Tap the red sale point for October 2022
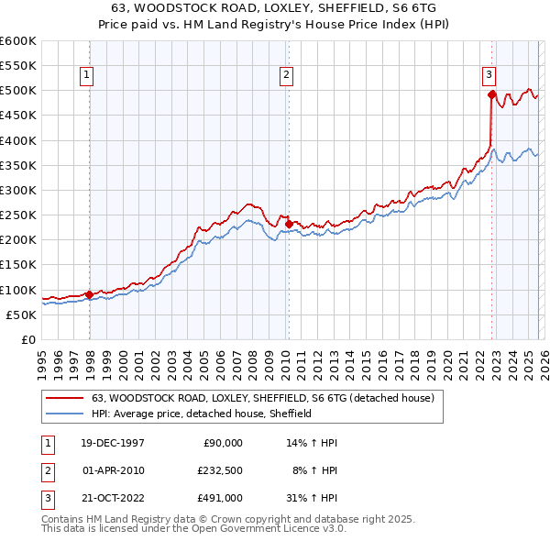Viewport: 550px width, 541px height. tap(492, 94)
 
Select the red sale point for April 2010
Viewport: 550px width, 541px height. tap(289, 223)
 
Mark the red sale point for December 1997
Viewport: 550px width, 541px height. tap(90, 294)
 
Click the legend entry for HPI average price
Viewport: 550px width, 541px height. tap(202, 414)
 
